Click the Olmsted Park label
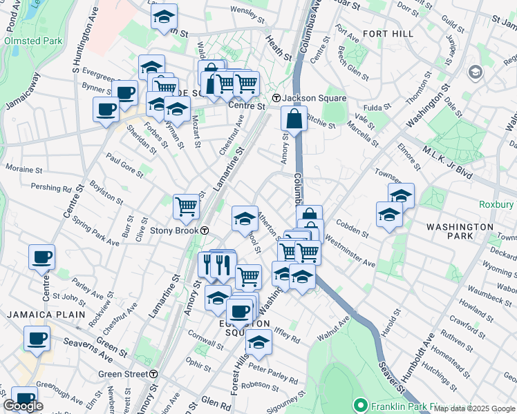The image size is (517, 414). click(x=33, y=41)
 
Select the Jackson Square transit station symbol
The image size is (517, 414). click(x=276, y=98)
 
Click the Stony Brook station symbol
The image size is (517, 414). click(x=205, y=230)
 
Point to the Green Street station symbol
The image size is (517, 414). click(x=153, y=374)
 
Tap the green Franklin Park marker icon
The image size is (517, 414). click(x=359, y=404)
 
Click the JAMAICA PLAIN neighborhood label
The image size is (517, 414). click(x=45, y=314)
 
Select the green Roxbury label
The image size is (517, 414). click(x=496, y=204)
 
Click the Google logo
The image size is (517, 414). click(x=23, y=406)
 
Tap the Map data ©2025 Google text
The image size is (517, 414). click(x=474, y=408)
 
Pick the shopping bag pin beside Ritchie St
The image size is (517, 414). click(x=294, y=118)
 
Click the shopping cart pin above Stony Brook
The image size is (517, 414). click(x=185, y=206)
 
